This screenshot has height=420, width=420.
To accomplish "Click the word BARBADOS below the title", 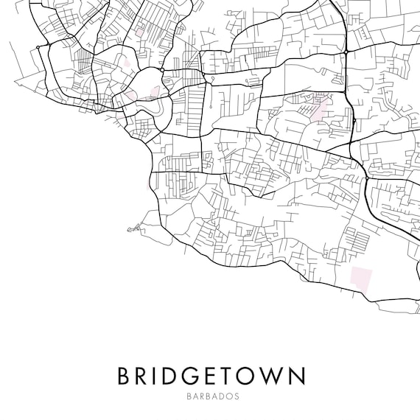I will (x=210, y=396).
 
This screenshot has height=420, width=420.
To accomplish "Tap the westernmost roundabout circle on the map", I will (x=38, y=47).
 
